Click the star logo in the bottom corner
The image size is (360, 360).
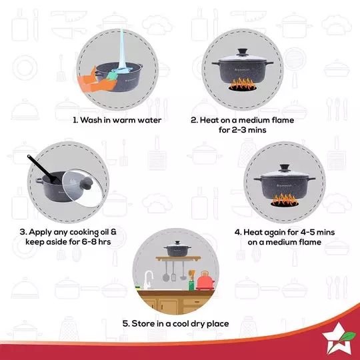click(x=335, y=336)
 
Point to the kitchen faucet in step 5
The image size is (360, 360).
click(x=149, y=280)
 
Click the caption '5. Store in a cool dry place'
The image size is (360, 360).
click(x=175, y=323)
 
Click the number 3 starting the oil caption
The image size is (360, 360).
click(x=24, y=232)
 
